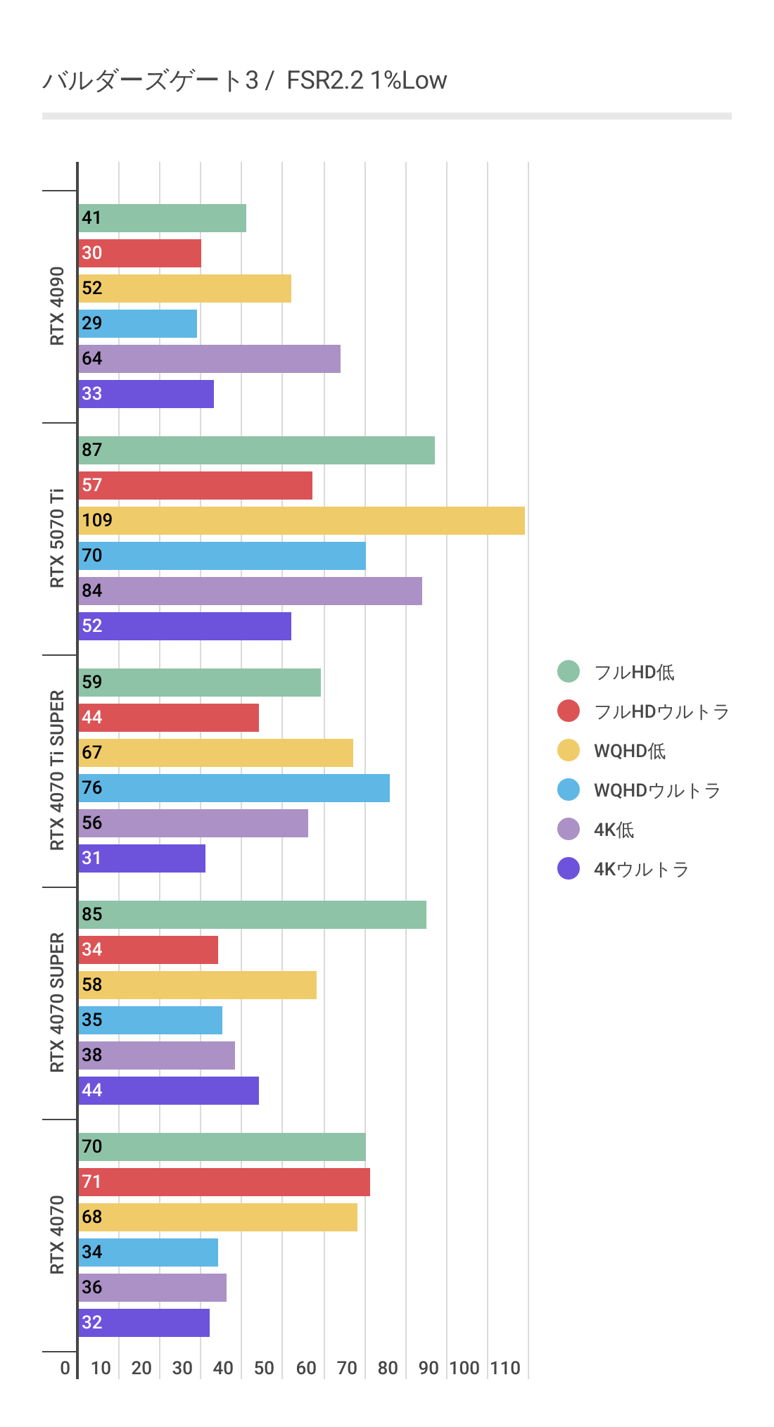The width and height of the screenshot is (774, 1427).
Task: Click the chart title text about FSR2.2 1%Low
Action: coord(244,80)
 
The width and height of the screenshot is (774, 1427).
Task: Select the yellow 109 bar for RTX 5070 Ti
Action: coord(301,521)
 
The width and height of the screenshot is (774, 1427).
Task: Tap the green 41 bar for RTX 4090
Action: coord(162,218)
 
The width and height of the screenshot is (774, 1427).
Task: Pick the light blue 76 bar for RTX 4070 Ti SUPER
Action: coord(234,788)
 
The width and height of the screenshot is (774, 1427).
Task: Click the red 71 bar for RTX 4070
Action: coord(224,1182)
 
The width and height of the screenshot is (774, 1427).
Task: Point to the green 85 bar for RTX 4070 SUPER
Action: coord(252,915)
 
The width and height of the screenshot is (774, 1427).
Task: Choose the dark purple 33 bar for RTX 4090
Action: coord(146,394)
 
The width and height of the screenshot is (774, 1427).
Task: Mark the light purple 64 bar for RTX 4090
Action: coord(209,359)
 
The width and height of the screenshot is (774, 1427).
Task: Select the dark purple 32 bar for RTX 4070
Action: coord(144,1323)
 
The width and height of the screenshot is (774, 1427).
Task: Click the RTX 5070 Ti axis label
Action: coord(57,538)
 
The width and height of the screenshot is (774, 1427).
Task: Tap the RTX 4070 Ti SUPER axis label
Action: coord(57,770)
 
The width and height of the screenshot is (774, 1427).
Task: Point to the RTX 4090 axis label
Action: coord(57,306)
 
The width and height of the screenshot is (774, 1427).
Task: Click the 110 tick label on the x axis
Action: coord(505,1368)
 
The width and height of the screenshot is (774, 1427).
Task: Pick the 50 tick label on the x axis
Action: coord(264,1368)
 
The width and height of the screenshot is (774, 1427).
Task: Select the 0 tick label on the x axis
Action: coord(65,1368)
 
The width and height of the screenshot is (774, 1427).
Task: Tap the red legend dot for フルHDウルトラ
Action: coord(569,711)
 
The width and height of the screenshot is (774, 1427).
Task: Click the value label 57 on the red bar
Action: coord(92,486)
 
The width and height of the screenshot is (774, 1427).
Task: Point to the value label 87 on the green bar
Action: coord(92,450)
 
